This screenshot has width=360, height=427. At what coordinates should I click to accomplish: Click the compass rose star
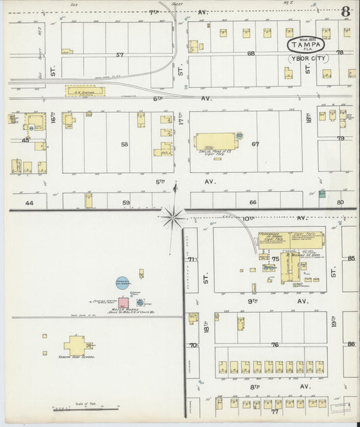pos(174,217)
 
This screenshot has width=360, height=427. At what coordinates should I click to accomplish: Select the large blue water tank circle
pos(122,283)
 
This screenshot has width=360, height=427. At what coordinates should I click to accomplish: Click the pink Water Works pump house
pos(124,303)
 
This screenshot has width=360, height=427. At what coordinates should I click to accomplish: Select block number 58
pos(124,144)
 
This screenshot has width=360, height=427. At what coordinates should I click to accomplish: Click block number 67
pos(255,143)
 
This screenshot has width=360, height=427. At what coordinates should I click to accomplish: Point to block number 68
pos(250,53)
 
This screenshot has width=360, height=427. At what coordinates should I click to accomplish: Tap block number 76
pos(275,345)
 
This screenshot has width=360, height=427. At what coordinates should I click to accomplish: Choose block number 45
pos(26,141)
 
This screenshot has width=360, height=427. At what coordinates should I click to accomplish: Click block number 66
pos(253,202)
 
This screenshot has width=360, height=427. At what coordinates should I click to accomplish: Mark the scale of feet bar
pos(85,408)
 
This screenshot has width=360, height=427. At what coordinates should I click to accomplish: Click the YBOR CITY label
pos(307,58)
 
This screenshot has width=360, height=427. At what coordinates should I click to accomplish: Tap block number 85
pos(351,257)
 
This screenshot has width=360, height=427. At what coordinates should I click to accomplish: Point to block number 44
pos(28,202)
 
